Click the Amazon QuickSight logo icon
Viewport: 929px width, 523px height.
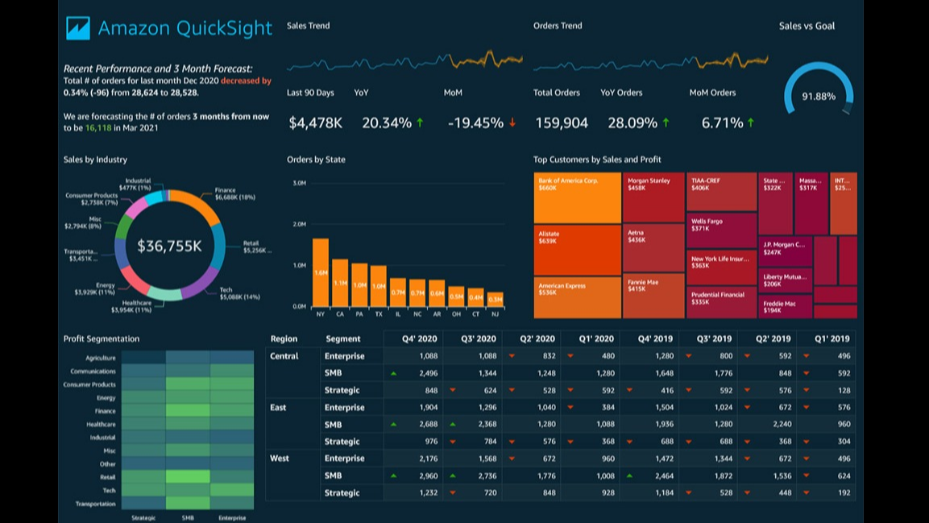tap(78, 28)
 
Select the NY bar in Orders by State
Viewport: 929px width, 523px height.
tap(321, 272)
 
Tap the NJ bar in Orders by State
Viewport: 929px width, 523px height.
tap(495, 299)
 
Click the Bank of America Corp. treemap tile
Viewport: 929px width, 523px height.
tap(577, 197)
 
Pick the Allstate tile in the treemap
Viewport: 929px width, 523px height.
tap(577, 250)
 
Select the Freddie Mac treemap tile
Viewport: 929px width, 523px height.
tap(784, 306)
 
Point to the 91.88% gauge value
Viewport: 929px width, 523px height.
tap(819, 97)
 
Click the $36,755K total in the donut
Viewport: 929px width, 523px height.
tap(169, 246)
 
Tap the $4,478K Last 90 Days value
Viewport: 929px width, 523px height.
tap(315, 123)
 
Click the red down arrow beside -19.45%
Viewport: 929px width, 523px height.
tap(512, 122)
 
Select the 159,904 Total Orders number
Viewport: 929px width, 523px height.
tap(562, 123)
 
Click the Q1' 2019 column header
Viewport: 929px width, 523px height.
tap(832, 338)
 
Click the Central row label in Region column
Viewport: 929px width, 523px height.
tap(284, 355)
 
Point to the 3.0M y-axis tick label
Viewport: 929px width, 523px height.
tap(298, 183)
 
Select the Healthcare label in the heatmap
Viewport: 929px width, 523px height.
tap(102, 424)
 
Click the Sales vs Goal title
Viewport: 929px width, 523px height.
tap(807, 26)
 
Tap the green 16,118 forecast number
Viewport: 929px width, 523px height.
tap(98, 128)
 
